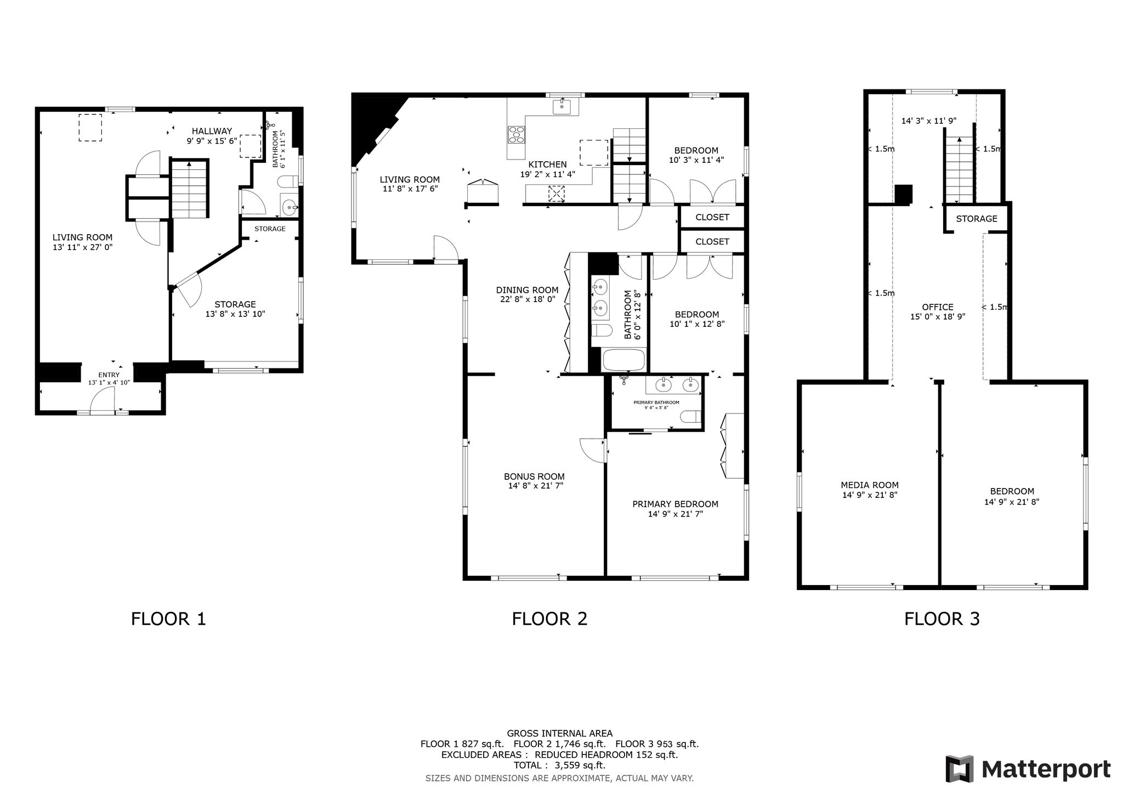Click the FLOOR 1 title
tap(168, 619)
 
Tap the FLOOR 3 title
tap(942, 619)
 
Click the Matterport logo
tap(1028, 769)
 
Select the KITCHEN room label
tap(547, 165)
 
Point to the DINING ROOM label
tap(527, 290)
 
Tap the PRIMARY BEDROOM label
tap(675, 504)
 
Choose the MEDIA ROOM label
tap(870, 485)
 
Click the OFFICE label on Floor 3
tap(938, 307)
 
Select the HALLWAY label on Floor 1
tap(212, 131)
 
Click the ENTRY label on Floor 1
tap(109, 375)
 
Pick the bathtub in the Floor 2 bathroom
tap(623, 360)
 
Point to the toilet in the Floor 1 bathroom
tap(288, 182)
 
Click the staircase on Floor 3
tap(958, 170)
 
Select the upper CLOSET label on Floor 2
tap(712, 217)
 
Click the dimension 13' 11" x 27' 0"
tap(82, 247)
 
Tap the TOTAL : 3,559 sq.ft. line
tap(559, 765)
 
